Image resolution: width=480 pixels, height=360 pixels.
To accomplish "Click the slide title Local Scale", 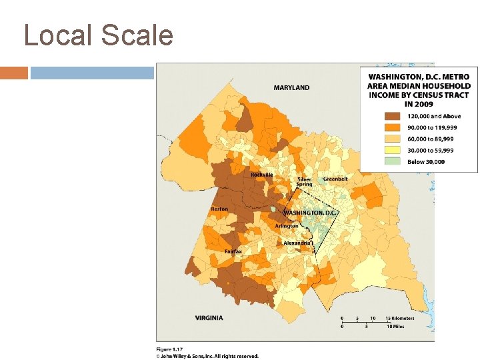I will pos(99,35).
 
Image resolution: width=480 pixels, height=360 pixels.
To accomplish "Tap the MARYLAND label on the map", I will pos(291,87).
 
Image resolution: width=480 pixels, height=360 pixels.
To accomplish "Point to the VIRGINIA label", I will pos(209,317).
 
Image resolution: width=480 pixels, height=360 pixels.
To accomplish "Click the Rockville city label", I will pos(262,175).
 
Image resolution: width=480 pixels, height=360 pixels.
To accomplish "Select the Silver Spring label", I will pos(305,182).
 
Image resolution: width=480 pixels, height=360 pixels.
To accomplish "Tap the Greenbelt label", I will pos(335,179).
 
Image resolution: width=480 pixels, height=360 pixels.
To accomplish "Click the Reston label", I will pos(219,209).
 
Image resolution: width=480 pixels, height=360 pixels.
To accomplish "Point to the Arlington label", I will pos(287,226).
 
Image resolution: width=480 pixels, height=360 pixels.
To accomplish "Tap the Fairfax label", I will pos(233,251).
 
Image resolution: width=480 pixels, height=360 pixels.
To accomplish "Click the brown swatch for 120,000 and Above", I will pos(375,116).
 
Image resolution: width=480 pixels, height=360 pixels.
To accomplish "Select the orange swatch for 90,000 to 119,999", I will pos(375,127).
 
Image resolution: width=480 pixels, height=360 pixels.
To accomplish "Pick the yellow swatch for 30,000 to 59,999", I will pos(375,151).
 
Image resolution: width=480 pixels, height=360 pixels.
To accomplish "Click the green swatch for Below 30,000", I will pos(375,162).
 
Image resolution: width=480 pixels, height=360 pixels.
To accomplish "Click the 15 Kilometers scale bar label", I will pos(399,318).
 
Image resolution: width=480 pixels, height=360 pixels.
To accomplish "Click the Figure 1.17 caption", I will pos(170,349).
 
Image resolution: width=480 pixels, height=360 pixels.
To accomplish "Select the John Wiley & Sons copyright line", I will pos(207,356).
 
